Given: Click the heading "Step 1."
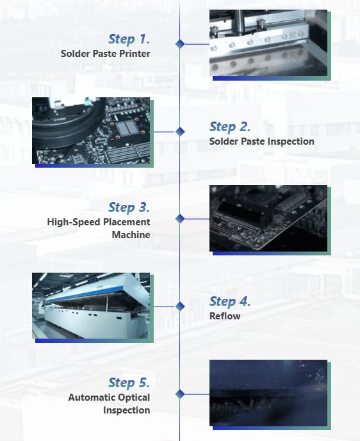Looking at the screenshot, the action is tap(129, 39).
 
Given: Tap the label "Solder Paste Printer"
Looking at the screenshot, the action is tap(105, 53).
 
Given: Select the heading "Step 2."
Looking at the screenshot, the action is tap(230, 127).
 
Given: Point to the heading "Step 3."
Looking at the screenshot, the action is tap(129, 207).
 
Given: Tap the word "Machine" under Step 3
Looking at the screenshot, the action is tap(131, 234).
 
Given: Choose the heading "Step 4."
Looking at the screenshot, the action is tap(230, 301).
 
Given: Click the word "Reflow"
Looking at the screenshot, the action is tap(225, 316).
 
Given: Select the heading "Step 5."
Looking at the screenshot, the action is tap(129, 383).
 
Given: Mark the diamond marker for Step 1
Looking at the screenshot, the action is tap(180, 44).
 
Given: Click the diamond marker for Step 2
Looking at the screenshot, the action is tap(180, 131).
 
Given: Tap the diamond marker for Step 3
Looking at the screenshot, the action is tap(180, 218).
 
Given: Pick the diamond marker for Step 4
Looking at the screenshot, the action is tap(180, 307).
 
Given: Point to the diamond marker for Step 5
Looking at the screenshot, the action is tap(180, 394).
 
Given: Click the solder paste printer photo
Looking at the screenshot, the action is tap(268, 43).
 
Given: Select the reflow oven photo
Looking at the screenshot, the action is tap(91, 305).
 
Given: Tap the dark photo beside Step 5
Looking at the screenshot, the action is tap(268, 393).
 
